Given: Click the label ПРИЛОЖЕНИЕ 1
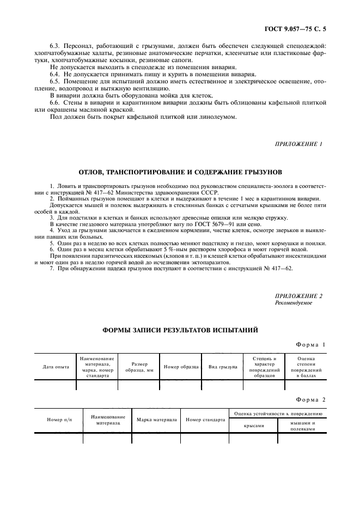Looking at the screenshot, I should point(299,144).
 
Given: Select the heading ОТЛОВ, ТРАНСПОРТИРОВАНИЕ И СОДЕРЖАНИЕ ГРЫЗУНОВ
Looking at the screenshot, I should point(180,172).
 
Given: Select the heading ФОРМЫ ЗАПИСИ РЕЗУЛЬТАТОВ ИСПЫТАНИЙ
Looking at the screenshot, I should point(180,330).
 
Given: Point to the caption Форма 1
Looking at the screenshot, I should point(310,344).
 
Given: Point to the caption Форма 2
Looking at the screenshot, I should point(310,399).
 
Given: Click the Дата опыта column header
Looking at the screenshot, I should point(56,367).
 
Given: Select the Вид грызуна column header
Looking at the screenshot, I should point(223,367).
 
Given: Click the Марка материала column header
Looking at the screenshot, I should point(156,420).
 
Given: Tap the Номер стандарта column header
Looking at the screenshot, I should point(205,420).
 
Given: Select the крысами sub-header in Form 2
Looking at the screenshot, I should point(254,426).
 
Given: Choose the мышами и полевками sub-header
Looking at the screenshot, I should point(302,426).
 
